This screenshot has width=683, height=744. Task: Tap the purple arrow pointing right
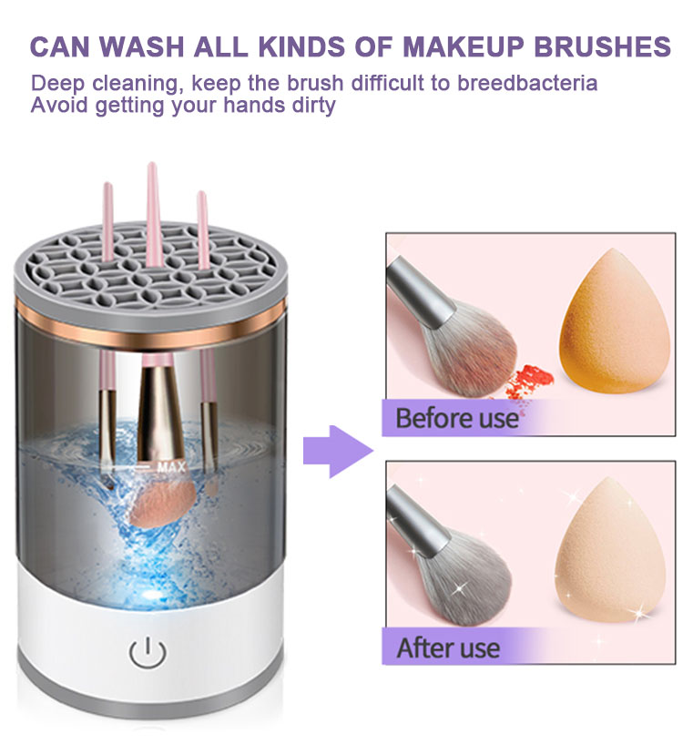pyautogui.click(x=337, y=447)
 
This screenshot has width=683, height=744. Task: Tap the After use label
pyautogui.click(x=448, y=647)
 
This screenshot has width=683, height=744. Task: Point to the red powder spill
pyautogui.click(x=529, y=376)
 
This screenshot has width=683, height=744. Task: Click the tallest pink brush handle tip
pyautogui.click(x=152, y=169)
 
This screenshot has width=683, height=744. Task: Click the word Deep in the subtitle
pyautogui.click(x=56, y=84)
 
